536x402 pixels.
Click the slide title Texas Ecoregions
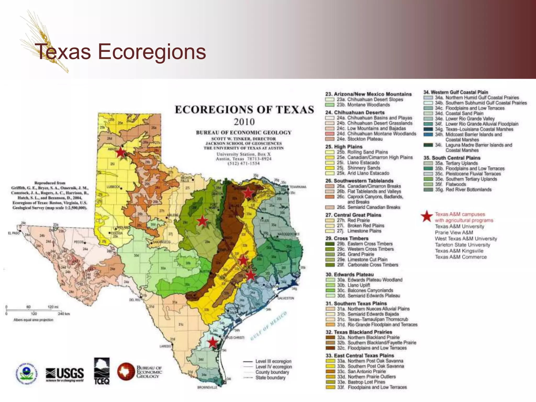point(120,52)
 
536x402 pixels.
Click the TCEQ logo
point(102,372)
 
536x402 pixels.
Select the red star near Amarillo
point(120,152)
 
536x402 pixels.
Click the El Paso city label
point(14,233)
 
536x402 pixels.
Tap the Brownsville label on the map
point(207,387)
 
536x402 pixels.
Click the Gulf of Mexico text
point(269,326)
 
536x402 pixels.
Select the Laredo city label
point(165,346)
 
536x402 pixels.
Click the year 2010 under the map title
point(244,122)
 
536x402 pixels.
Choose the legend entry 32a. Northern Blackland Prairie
point(368,337)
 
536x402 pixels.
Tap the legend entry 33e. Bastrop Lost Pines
point(366,382)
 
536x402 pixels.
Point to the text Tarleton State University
point(462,245)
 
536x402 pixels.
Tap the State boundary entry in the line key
point(270,378)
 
